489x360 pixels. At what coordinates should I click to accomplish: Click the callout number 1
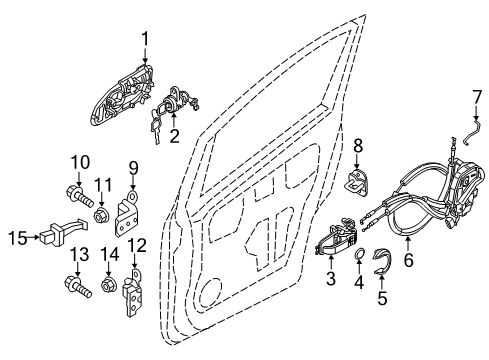pos(145,39)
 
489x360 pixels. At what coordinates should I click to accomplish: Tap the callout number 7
pos(477,97)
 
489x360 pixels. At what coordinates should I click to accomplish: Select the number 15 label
pos(17,238)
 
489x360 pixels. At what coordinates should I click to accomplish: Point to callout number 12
pos(137,246)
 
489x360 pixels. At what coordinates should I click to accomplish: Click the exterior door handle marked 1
pos(122,95)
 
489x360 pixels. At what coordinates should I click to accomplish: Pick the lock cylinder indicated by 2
pos(178,99)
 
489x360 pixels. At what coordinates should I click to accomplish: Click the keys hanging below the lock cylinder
pos(156,127)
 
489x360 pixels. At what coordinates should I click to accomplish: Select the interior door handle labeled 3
pos(337,237)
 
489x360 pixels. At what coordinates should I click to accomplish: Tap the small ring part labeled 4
pos(359,253)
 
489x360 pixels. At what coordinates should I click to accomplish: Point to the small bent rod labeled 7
pos(473,132)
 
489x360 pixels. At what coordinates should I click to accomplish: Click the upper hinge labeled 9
pos(126,213)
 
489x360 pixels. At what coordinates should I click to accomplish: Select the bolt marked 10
pos(79,196)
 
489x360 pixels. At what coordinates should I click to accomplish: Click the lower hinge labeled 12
pos(133,293)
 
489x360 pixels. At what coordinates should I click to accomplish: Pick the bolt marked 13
pos(78,286)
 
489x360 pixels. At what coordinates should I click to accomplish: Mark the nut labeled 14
pos(108,285)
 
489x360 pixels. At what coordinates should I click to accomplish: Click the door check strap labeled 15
pos(64,232)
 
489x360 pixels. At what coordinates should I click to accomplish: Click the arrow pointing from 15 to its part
pos(34,237)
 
